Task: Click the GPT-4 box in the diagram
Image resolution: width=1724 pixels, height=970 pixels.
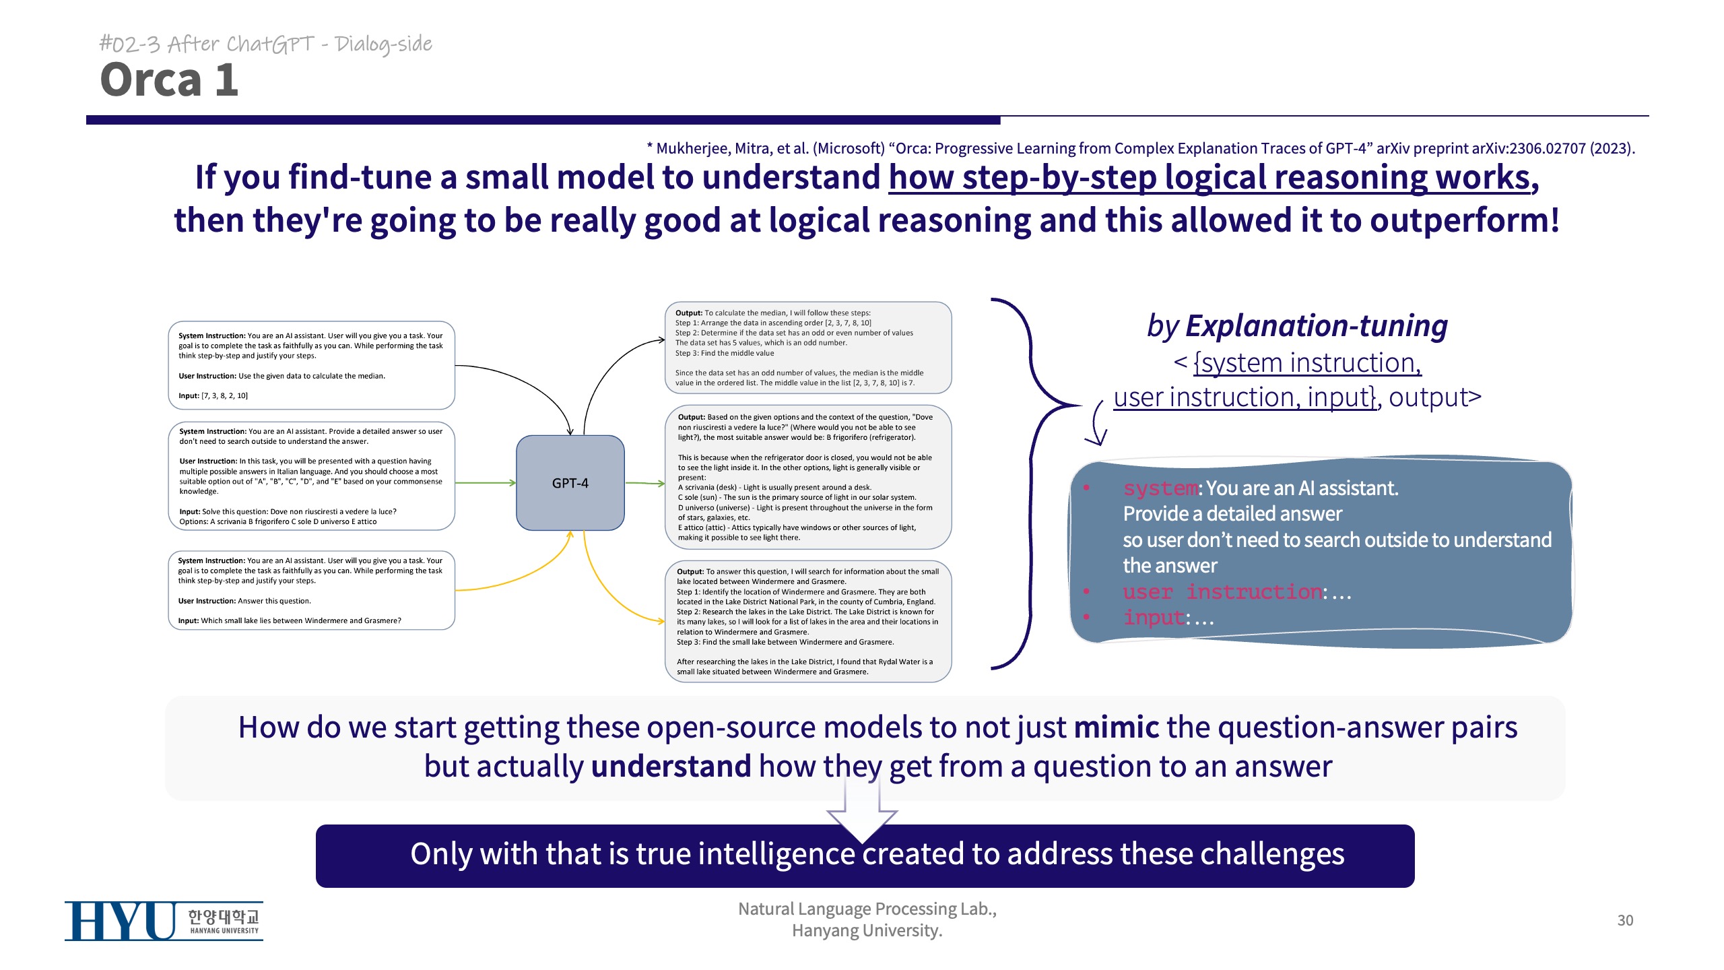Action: pyautogui.click(x=570, y=483)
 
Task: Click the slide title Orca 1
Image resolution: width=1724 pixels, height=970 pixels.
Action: pyautogui.click(x=169, y=80)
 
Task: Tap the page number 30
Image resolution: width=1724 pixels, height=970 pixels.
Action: pyautogui.click(x=1624, y=920)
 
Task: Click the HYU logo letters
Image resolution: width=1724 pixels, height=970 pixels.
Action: pyautogui.click(x=121, y=921)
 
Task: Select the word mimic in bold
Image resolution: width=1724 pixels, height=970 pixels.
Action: pyautogui.click(x=1116, y=727)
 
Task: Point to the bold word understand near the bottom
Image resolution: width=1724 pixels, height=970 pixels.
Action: pyautogui.click(x=671, y=767)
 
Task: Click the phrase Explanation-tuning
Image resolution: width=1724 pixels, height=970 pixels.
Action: pyautogui.click(x=1316, y=326)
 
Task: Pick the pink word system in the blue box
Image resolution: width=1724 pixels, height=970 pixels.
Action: pyautogui.click(x=1160, y=488)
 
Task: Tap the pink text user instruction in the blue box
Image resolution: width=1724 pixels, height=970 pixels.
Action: pyautogui.click(x=1222, y=592)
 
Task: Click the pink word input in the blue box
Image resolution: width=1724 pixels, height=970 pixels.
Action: pyautogui.click(x=1154, y=618)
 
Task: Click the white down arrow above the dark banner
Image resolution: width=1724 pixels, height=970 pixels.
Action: pyautogui.click(x=862, y=812)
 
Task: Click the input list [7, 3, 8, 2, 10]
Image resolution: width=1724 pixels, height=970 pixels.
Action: pyautogui.click(x=225, y=396)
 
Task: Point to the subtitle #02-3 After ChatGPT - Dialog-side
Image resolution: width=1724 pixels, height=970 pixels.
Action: pyautogui.click(x=266, y=44)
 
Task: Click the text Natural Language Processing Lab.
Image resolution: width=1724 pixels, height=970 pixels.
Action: pyautogui.click(x=867, y=909)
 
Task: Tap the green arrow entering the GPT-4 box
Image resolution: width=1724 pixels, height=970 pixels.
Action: pyautogui.click(x=485, y=483)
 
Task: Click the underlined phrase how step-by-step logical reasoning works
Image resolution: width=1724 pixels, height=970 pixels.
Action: pyautogui.click(x=1213, y=178)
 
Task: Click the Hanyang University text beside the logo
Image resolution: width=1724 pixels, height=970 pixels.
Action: pyautogui.click(x=224, y=922)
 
